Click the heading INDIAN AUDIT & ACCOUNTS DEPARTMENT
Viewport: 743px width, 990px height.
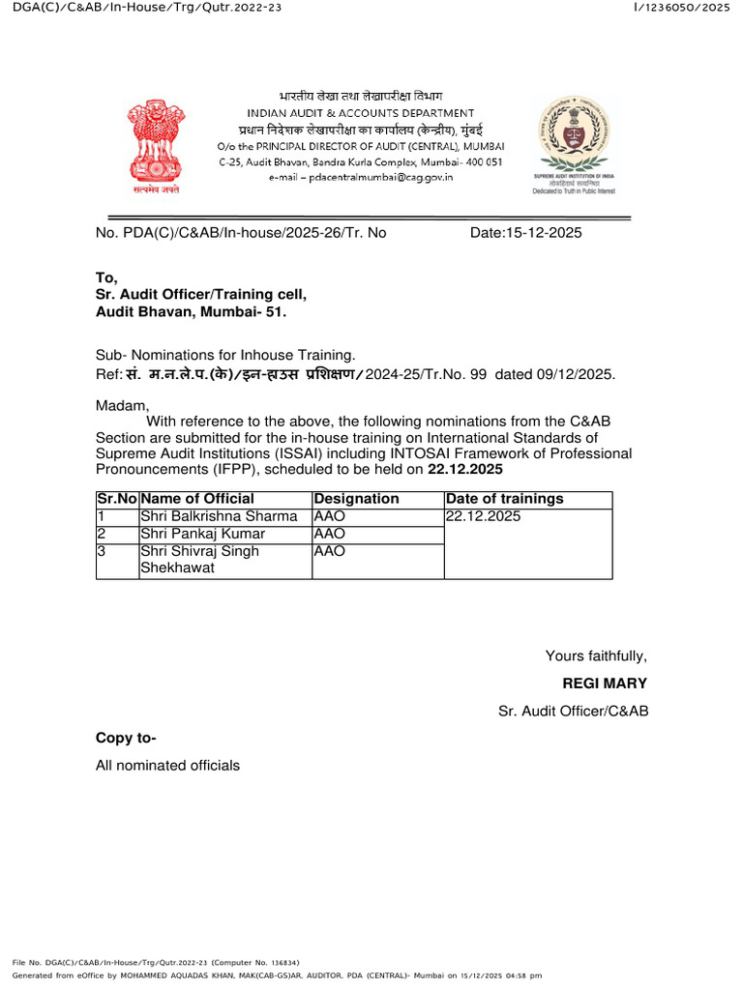click(x=360, y=113)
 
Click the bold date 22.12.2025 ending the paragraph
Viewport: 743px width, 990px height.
click(x=465, y=470)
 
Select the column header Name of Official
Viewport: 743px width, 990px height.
click(x=197, y=499)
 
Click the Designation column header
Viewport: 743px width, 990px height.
click(x=356, y=499)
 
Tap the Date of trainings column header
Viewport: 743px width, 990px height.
click(x=504, y=499)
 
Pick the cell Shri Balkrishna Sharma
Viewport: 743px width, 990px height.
click(x=219, y=516)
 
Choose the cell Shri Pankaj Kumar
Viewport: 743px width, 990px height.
click(x=202, y=534)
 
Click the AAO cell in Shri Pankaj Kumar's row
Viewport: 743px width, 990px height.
click(x=330, y=534)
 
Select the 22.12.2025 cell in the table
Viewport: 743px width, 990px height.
click(x=483, y=516)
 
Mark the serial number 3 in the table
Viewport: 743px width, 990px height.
click(x=100, y=551)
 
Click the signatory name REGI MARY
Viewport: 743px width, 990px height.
click(x=605, y=684)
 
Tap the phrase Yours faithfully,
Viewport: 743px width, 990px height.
click(x=596, y=656)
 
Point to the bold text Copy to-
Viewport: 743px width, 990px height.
click(x=126, y=739)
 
